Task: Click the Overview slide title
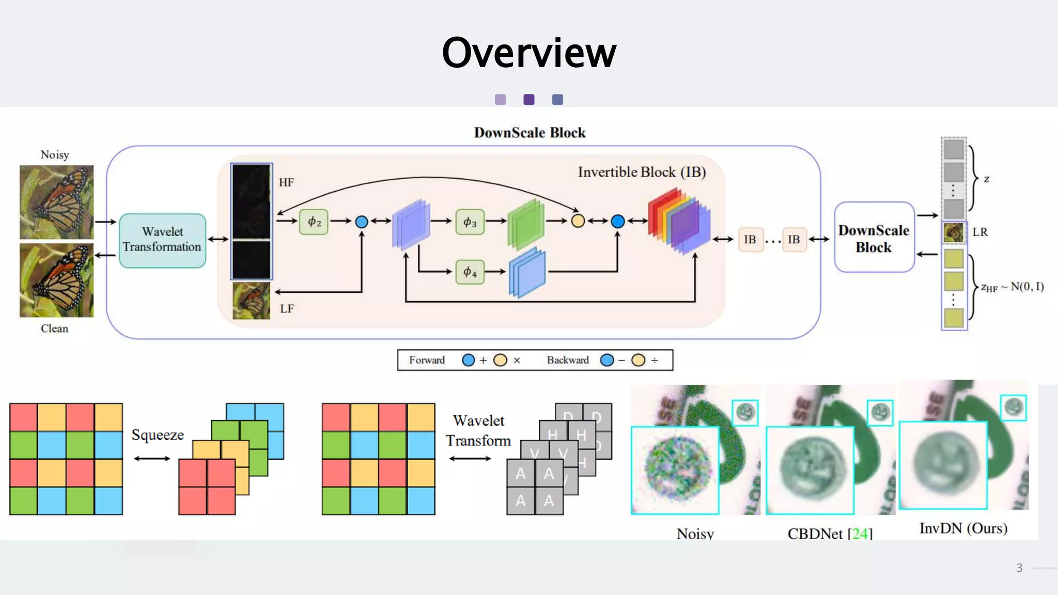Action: click(x=529, y=53)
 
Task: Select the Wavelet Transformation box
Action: click(x=162, y=240)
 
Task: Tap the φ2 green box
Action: click(x=314, y=222)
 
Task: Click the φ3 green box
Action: click(x=470, y=222)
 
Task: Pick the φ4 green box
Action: click(x=470, y=272)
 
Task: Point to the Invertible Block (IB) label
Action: click(x=642, y=172)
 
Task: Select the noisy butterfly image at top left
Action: click(x=57, y=202)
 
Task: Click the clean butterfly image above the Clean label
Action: click(x=57, y=280)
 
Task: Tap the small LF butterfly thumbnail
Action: click(x=251, y=301)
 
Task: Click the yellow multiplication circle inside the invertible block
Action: click(x=578, y=221)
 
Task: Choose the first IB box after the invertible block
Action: click(x=750, y=239)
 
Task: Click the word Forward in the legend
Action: click(x=427, y=360)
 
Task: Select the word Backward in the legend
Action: click(x=568, y=360)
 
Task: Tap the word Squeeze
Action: click(x=158, y=435)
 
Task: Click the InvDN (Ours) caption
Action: click(x=963, y=528)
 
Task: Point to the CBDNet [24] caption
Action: click(x=830, y=534)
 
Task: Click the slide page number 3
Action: click(x=1019, y=568)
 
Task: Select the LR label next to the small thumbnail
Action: click(x=980, y=232)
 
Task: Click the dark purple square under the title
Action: click(x=528, y=99)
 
